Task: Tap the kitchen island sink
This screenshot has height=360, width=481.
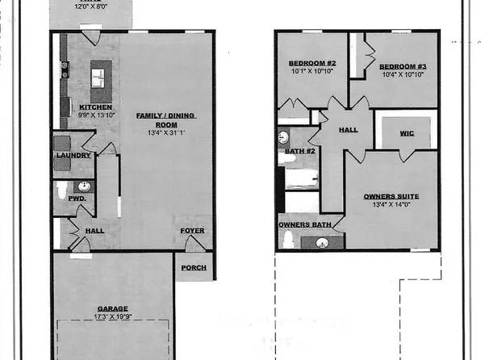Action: coord(98,77)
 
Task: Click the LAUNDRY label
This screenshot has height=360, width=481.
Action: coord(73,144)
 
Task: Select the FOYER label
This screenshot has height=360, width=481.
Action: coord(192,232)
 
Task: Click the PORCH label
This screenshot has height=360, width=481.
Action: coord(194,268)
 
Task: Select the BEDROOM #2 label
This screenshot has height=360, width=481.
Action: coord(311,64)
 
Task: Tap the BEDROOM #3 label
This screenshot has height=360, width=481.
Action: coord(401,65)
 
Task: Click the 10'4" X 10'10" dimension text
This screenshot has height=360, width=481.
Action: coord(401,74)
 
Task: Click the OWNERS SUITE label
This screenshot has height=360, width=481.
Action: coord(391,195)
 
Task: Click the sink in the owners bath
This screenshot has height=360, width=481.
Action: coord(321,241)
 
